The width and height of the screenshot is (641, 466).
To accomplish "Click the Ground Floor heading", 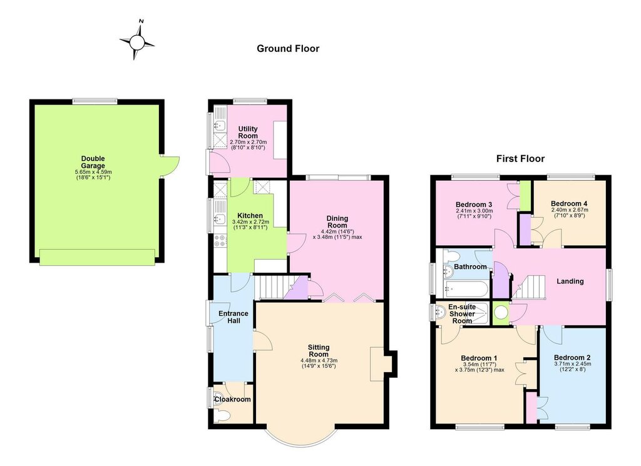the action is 288,49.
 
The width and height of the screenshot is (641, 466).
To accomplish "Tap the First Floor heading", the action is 520,158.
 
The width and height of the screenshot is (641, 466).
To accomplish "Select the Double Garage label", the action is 93,162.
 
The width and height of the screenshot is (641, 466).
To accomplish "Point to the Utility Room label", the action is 248,133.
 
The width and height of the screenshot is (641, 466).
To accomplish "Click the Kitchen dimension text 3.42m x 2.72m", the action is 250,222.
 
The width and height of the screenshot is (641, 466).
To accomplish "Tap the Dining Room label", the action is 337,222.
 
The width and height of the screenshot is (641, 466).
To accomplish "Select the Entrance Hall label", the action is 233,317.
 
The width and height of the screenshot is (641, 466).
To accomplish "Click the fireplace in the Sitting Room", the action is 377,364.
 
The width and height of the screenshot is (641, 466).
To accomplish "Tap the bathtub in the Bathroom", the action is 466,289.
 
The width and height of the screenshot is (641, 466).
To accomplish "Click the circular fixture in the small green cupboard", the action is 501,313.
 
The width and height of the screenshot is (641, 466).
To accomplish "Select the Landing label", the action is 570,281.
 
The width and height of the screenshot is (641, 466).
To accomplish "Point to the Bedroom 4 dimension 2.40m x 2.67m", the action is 570,210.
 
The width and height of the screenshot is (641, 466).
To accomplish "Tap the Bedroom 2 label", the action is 572,358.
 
